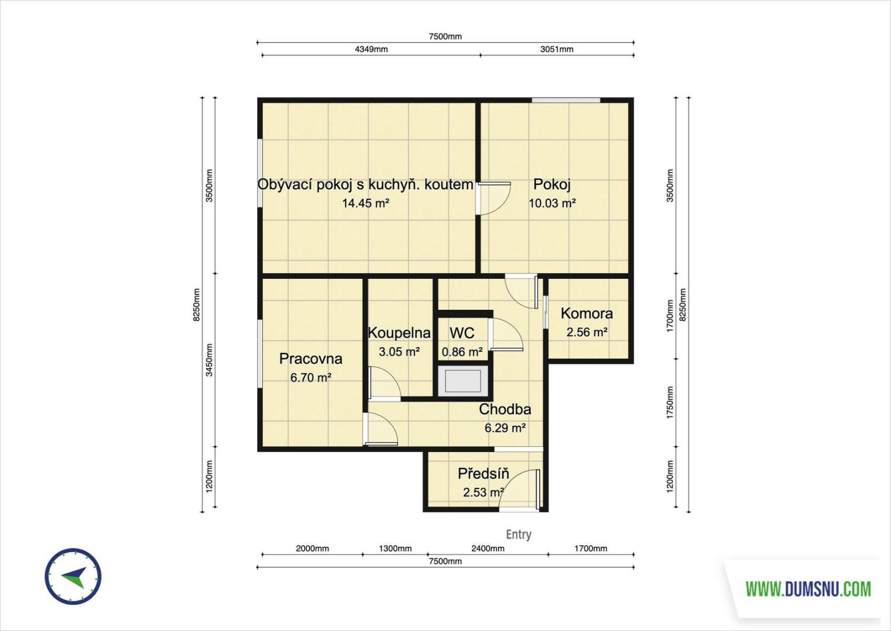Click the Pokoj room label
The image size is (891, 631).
coord(552,184)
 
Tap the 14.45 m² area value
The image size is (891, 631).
coord(366,203)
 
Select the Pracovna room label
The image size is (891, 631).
coord(311,359)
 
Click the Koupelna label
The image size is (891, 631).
coord(399,333)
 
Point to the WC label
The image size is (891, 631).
coord(462,333)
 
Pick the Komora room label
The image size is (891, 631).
coord(587,314)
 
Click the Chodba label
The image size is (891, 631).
coord(505,409)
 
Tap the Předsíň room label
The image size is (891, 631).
coord(483,474)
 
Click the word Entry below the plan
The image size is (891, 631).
coord(518,535)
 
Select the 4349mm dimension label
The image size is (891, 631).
coord(371,49)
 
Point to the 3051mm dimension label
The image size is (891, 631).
coord(557,49)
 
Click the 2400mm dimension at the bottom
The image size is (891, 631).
coord(488,549)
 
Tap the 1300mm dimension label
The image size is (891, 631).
coord(395,549)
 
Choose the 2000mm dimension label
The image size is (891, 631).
coord(312,549)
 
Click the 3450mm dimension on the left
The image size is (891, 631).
coord(209,360)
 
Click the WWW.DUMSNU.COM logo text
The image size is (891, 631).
coord(808,589)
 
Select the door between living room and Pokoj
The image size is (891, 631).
coord(493,198)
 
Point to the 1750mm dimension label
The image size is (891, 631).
coord(670,403)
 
